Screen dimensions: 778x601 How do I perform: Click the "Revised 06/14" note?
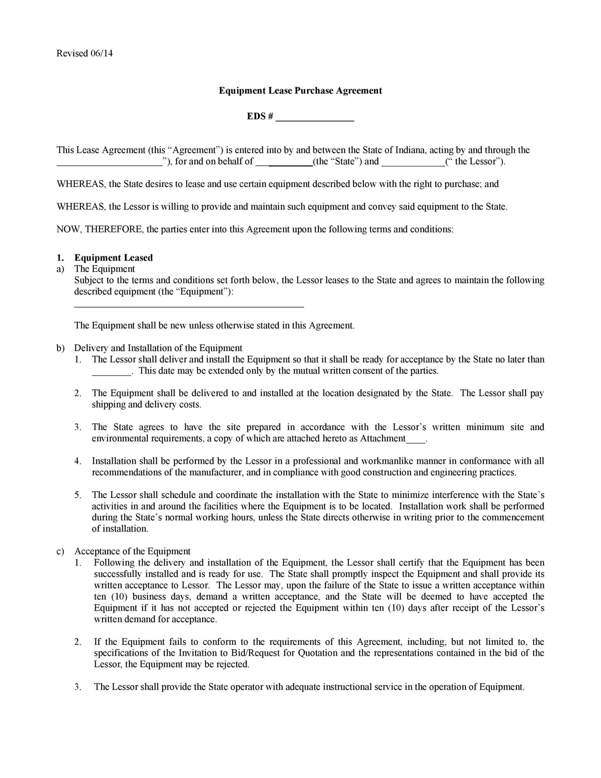tap(84, 54)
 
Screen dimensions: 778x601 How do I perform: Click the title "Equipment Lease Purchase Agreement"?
tap(300, 90)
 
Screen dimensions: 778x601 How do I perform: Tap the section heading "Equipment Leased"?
tap(113, 258)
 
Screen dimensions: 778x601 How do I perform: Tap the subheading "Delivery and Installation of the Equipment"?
tap(158, 348)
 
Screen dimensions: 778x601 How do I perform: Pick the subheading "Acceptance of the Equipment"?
tap(132, 551)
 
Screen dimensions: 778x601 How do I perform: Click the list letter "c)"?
tap(60, 551)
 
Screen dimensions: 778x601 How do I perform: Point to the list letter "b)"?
tap(60, 348)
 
